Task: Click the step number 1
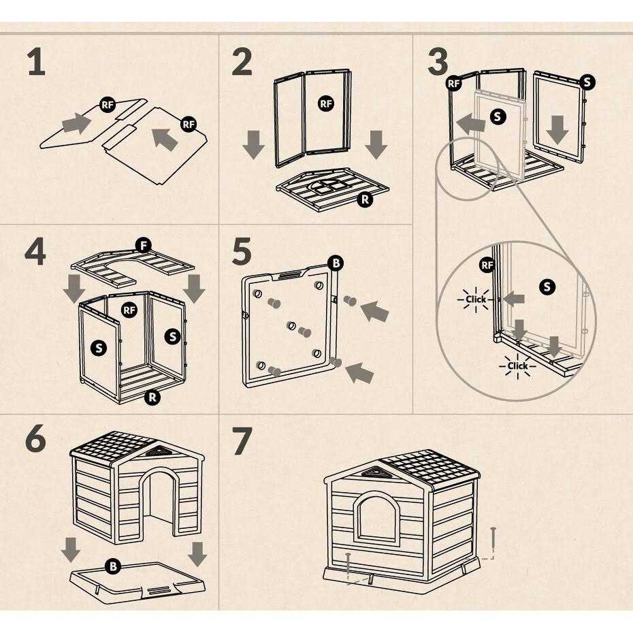click(37, 62)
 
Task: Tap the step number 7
click(242, 440)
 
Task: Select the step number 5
click(242, 251)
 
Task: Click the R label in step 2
click(365, 199)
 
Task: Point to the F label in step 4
click(144, 246)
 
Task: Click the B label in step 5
click(336, 263)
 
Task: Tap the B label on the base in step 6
click(113, 566)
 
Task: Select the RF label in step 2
click(326, 103)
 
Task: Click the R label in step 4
click(152, 397)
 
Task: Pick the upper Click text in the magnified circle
click(476, 299)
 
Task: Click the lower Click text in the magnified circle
click(518, 366)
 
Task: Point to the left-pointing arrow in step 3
click(470, 124)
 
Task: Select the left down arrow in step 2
click(253, 144)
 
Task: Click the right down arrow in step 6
click(197, 554)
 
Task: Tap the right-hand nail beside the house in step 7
click(493, 541)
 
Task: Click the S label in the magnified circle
click(547, 287)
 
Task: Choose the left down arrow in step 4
click(74, 288)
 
